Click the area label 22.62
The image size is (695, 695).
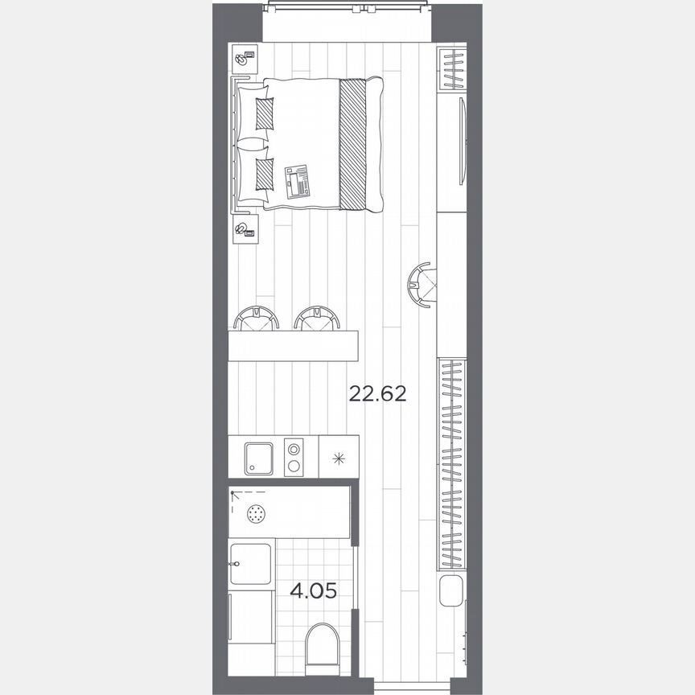[x=377, y=394]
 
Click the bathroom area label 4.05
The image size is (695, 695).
[x=313, y=591]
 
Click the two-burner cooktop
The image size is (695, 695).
[x=295, y=458]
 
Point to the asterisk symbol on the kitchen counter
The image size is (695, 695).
[x=339, y=459]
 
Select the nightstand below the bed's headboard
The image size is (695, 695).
[x=245, y=230]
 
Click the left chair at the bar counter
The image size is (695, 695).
[x=257, y=319]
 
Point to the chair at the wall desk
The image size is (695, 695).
[x=421, y=282]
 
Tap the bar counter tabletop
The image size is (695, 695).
[x=293, y=345]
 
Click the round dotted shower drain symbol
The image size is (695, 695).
[x=257, y=513]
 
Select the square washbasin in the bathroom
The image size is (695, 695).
[x=251, y=563]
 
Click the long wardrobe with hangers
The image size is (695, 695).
[x=452, y=463]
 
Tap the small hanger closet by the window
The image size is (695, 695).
[x=452, y=69]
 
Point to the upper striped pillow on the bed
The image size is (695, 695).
[x=265, y=113]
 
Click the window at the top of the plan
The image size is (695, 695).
[x=347, y=8]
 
